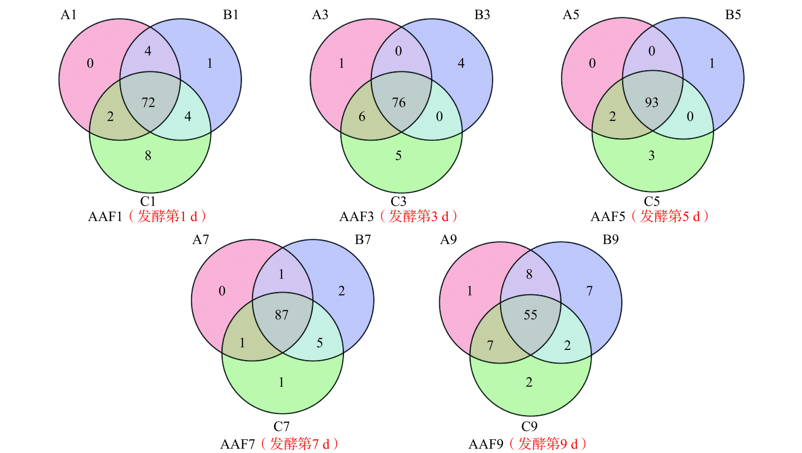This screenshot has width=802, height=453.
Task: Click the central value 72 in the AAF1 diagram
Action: click(148, 103)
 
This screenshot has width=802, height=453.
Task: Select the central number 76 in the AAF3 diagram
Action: click(398, 103)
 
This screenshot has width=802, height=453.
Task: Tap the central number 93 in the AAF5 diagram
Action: click(651, 102)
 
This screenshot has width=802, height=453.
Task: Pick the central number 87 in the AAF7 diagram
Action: click(282, 315)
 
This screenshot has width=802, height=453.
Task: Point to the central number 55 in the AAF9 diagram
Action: click(530, 315)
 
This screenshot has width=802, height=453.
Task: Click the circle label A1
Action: click(68, 15)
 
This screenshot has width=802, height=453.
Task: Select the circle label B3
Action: click(482, 15)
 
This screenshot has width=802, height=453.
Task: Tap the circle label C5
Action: click(652, 201)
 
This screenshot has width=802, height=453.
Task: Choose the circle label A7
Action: click(200, 240)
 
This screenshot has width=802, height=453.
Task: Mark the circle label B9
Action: click(611, 240)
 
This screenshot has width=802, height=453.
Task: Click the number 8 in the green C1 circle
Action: click(148, 156)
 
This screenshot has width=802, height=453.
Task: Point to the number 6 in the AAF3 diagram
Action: click(362, 117)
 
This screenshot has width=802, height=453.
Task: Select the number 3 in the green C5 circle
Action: click(651, 156)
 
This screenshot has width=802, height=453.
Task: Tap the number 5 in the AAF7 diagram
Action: click(320, 343)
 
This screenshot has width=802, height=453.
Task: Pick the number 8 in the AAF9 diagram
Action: click(529, 274)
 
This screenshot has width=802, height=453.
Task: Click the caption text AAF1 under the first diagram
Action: click(105, 217)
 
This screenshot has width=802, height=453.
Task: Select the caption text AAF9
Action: click(486, 444)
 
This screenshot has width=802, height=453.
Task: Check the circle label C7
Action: click(282, 426)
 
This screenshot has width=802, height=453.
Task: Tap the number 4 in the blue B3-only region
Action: click(461, 63)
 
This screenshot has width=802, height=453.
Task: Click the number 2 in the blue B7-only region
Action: click(341, 291)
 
